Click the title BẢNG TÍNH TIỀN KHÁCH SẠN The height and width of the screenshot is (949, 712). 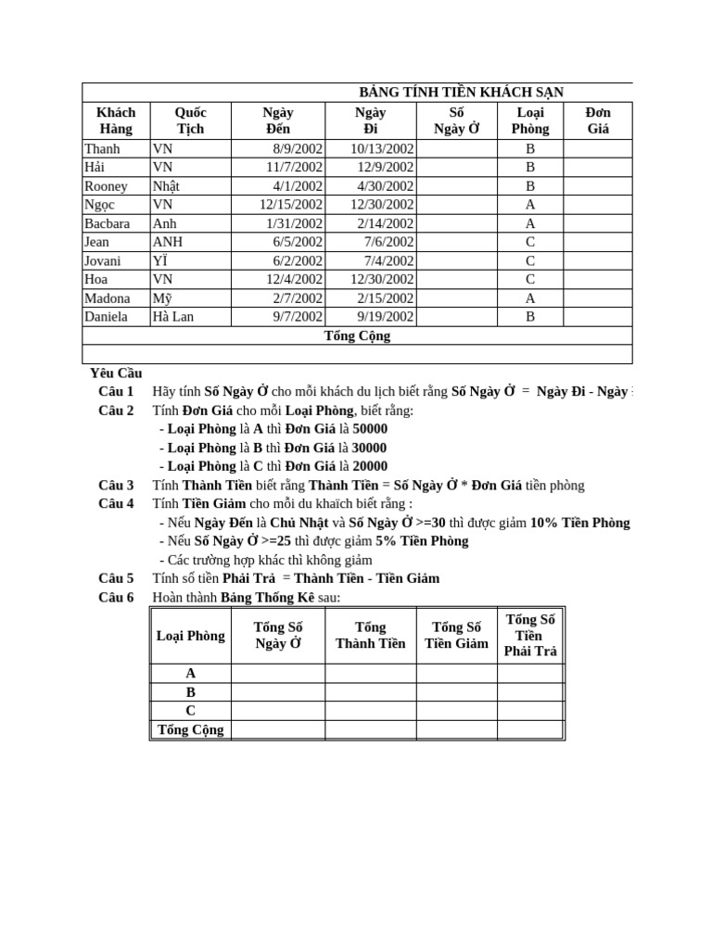pyautogui.click(x=461, y=92)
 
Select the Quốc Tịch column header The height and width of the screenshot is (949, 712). pyautogui.click(x=190, y=120)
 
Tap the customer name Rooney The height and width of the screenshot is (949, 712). pyautogui.click(x=106, y=186)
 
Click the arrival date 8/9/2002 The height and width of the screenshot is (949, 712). pyautogui.click(x=297, y=148)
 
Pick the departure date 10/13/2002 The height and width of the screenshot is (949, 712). pyautogui.click(x=381, y=148)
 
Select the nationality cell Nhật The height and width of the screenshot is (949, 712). pyautogui.click(x=166, y=186)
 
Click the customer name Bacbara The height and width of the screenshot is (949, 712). pyautogui.click(x=108, y=223)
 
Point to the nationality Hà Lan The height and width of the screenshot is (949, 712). pyautogui.click(x=173, y=317)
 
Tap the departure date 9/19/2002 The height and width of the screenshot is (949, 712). pyautogui.click(x=385, y=317)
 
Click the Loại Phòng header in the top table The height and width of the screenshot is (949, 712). pyautogui.click(x=530, y=120)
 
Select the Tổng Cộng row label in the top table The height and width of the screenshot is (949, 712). pyautogui.click(x=357, y=335)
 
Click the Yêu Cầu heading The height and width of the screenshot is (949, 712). pyautogui.click(x=116, y=373)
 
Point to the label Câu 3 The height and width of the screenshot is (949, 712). pyautogui.click(x=116, y=485)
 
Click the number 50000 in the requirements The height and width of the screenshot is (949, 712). pyautogui.click(x=370, y=429)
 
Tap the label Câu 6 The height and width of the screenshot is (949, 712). pyautogui.click(x=116, y=597)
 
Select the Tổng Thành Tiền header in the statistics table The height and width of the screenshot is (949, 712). pyautogui.click(x=370, y=635)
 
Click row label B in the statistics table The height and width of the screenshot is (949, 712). pyautogui.click(x=191, y=692)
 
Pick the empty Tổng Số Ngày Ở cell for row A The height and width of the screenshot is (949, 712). pyautogui.click(x=278, y=674)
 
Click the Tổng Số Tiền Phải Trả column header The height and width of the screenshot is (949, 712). pyautogui.click(x=530, y=635)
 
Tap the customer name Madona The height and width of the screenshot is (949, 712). pyautogui.click(x=108, y=298)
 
